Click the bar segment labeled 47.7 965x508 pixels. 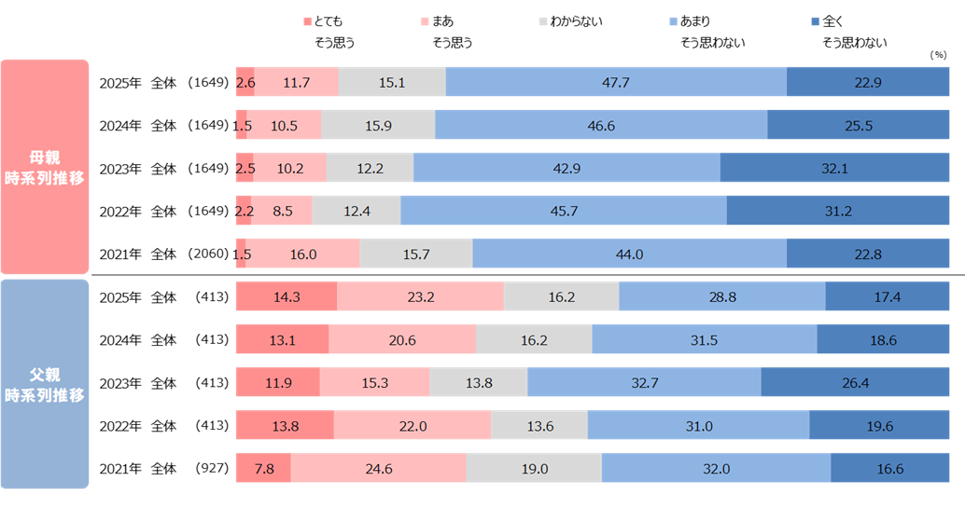pos(616,82)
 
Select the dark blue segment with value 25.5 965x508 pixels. pos(858,125)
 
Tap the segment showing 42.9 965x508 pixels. pos(566,168)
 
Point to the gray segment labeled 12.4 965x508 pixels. pos(357,211)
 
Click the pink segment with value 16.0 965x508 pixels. pos(302,254)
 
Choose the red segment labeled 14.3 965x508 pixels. pos(286,296)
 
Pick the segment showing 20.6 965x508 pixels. pos(402,340)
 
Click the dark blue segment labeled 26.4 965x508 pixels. pos(857,382)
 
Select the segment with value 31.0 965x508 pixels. pos(698,425)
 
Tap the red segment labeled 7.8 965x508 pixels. pos(263,469)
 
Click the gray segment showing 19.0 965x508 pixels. pos(534,469)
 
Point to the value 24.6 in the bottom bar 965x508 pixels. pos(378,469)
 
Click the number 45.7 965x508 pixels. pos(564,211)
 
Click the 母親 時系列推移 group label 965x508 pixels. pos(45,167)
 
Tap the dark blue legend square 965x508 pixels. pos(815,21)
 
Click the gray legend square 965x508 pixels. pos(543,21)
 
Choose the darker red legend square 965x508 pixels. pos(308,21)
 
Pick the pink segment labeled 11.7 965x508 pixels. pos(296,82)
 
